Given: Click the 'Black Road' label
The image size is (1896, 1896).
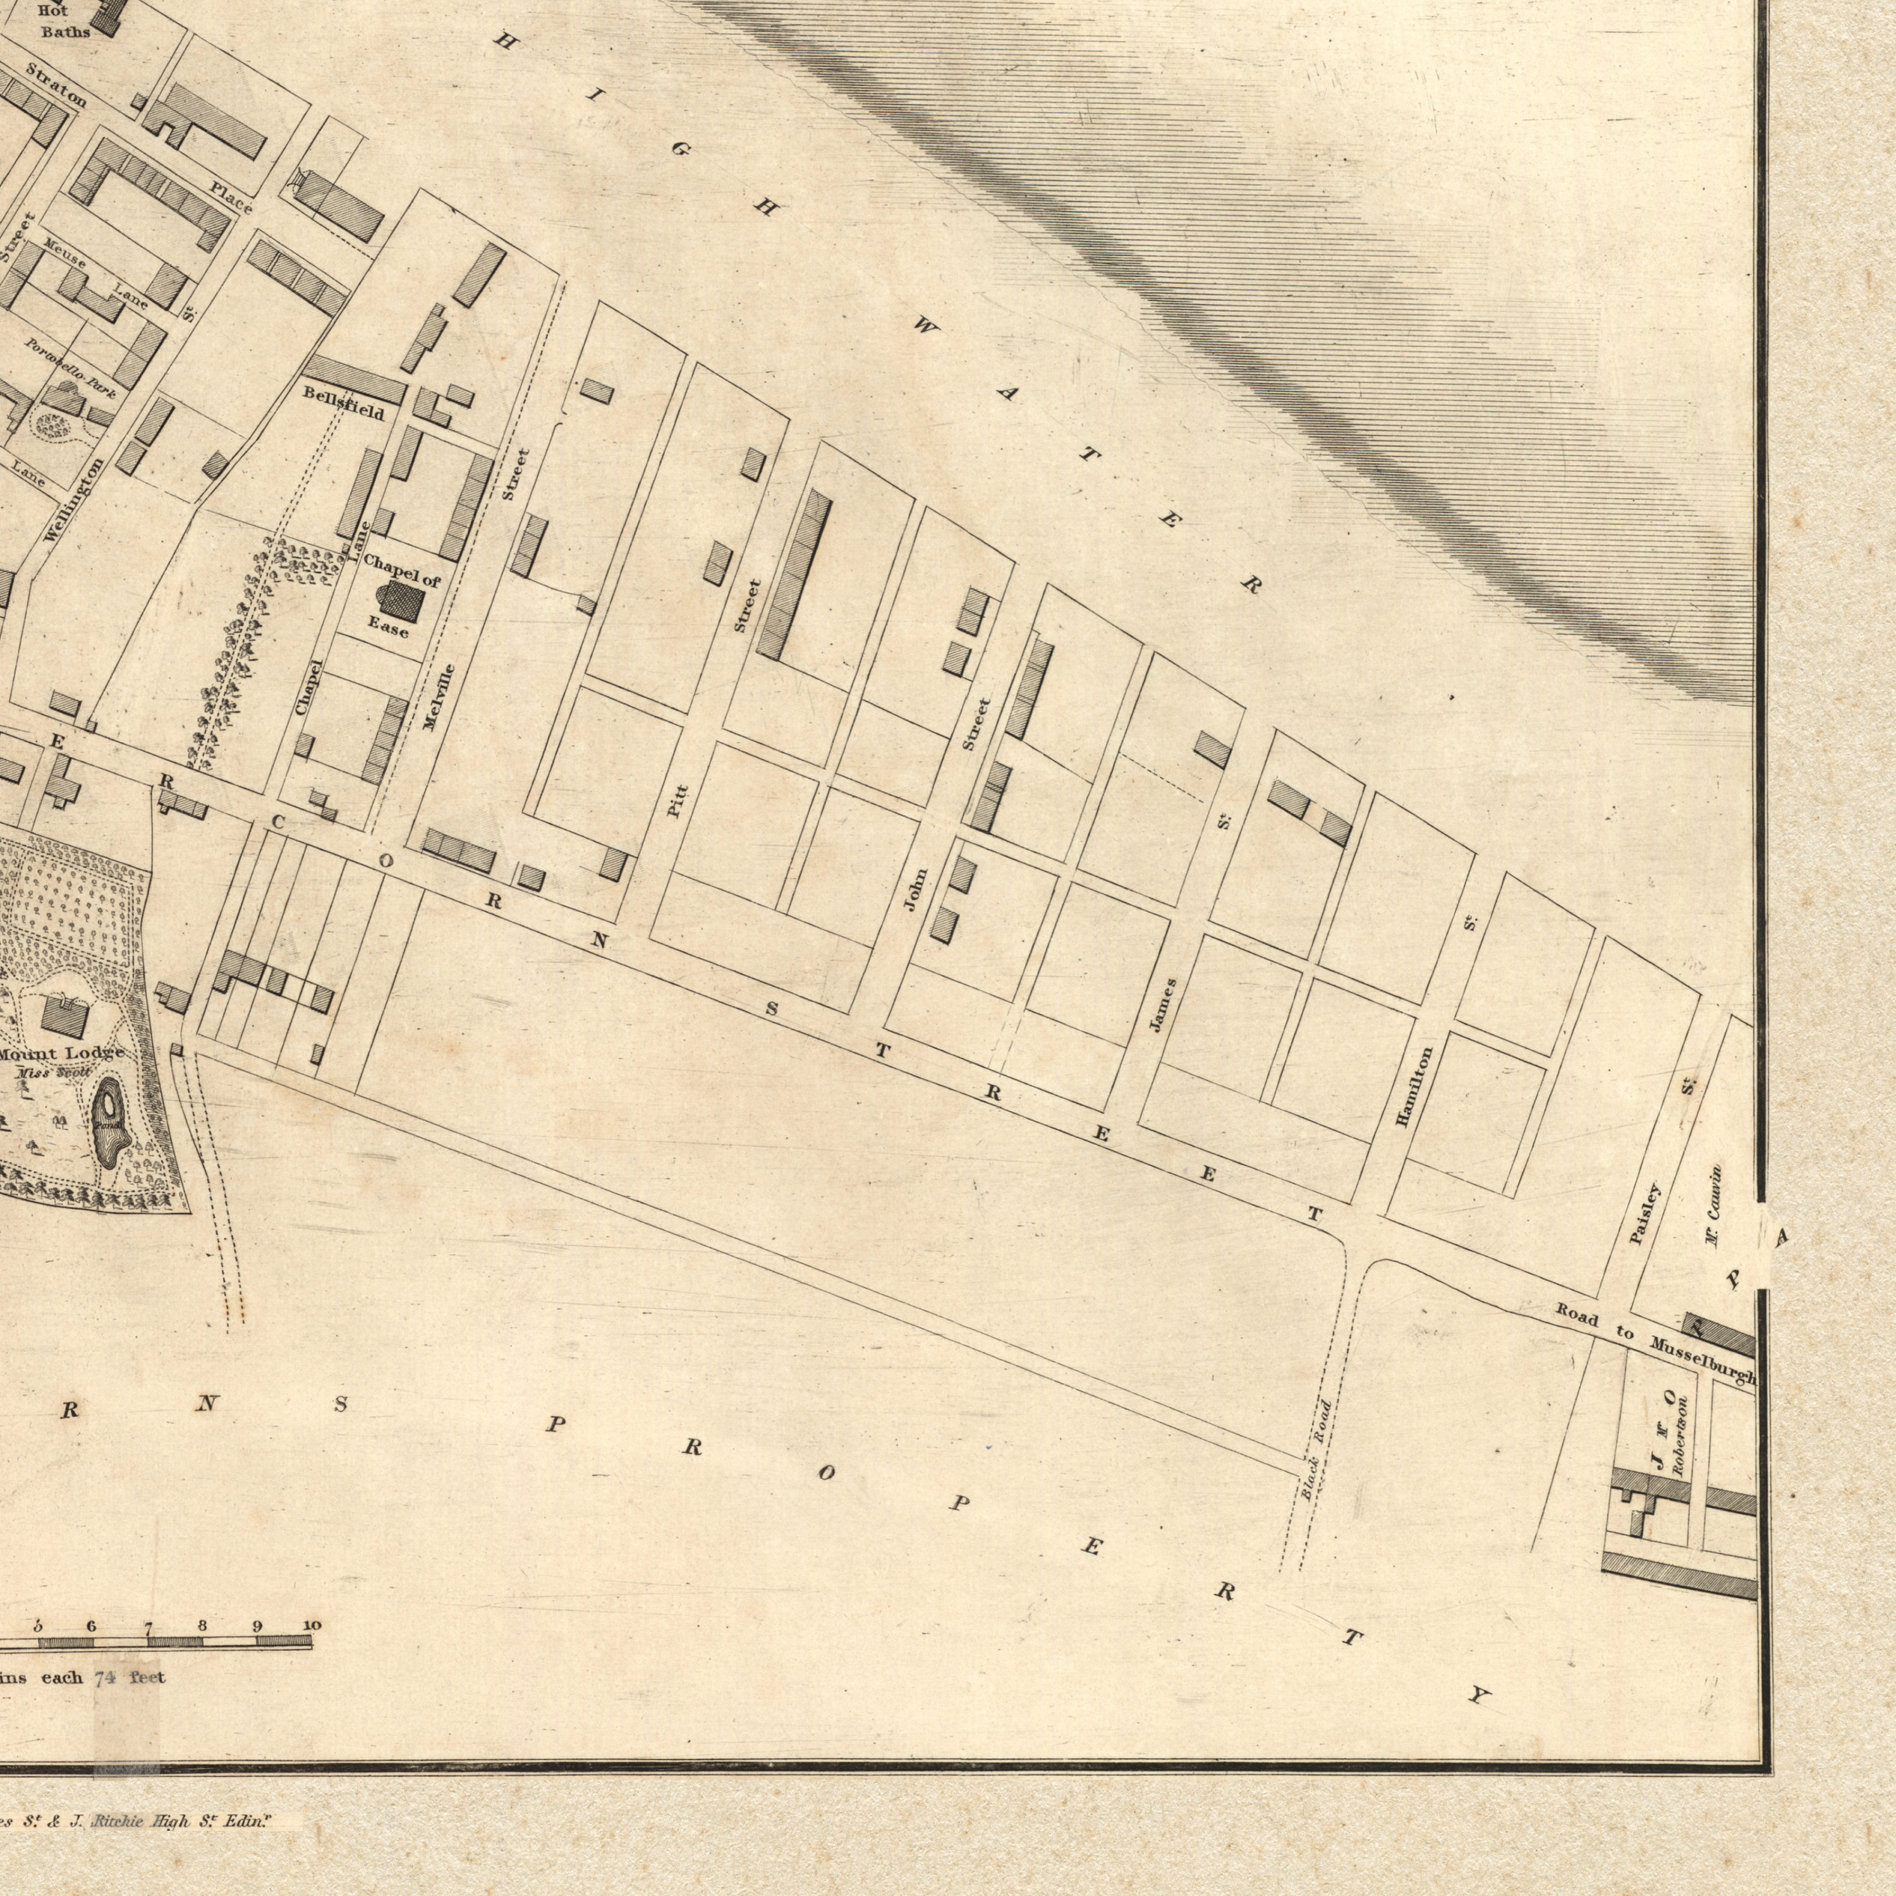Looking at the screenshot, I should click(x=1317, y=1436).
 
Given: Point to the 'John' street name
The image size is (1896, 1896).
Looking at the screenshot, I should click(x=915, y=889).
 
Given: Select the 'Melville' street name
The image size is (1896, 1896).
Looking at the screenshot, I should click(x=439, y=698).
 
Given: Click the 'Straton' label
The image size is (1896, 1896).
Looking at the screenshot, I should click(x=57, y=85).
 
